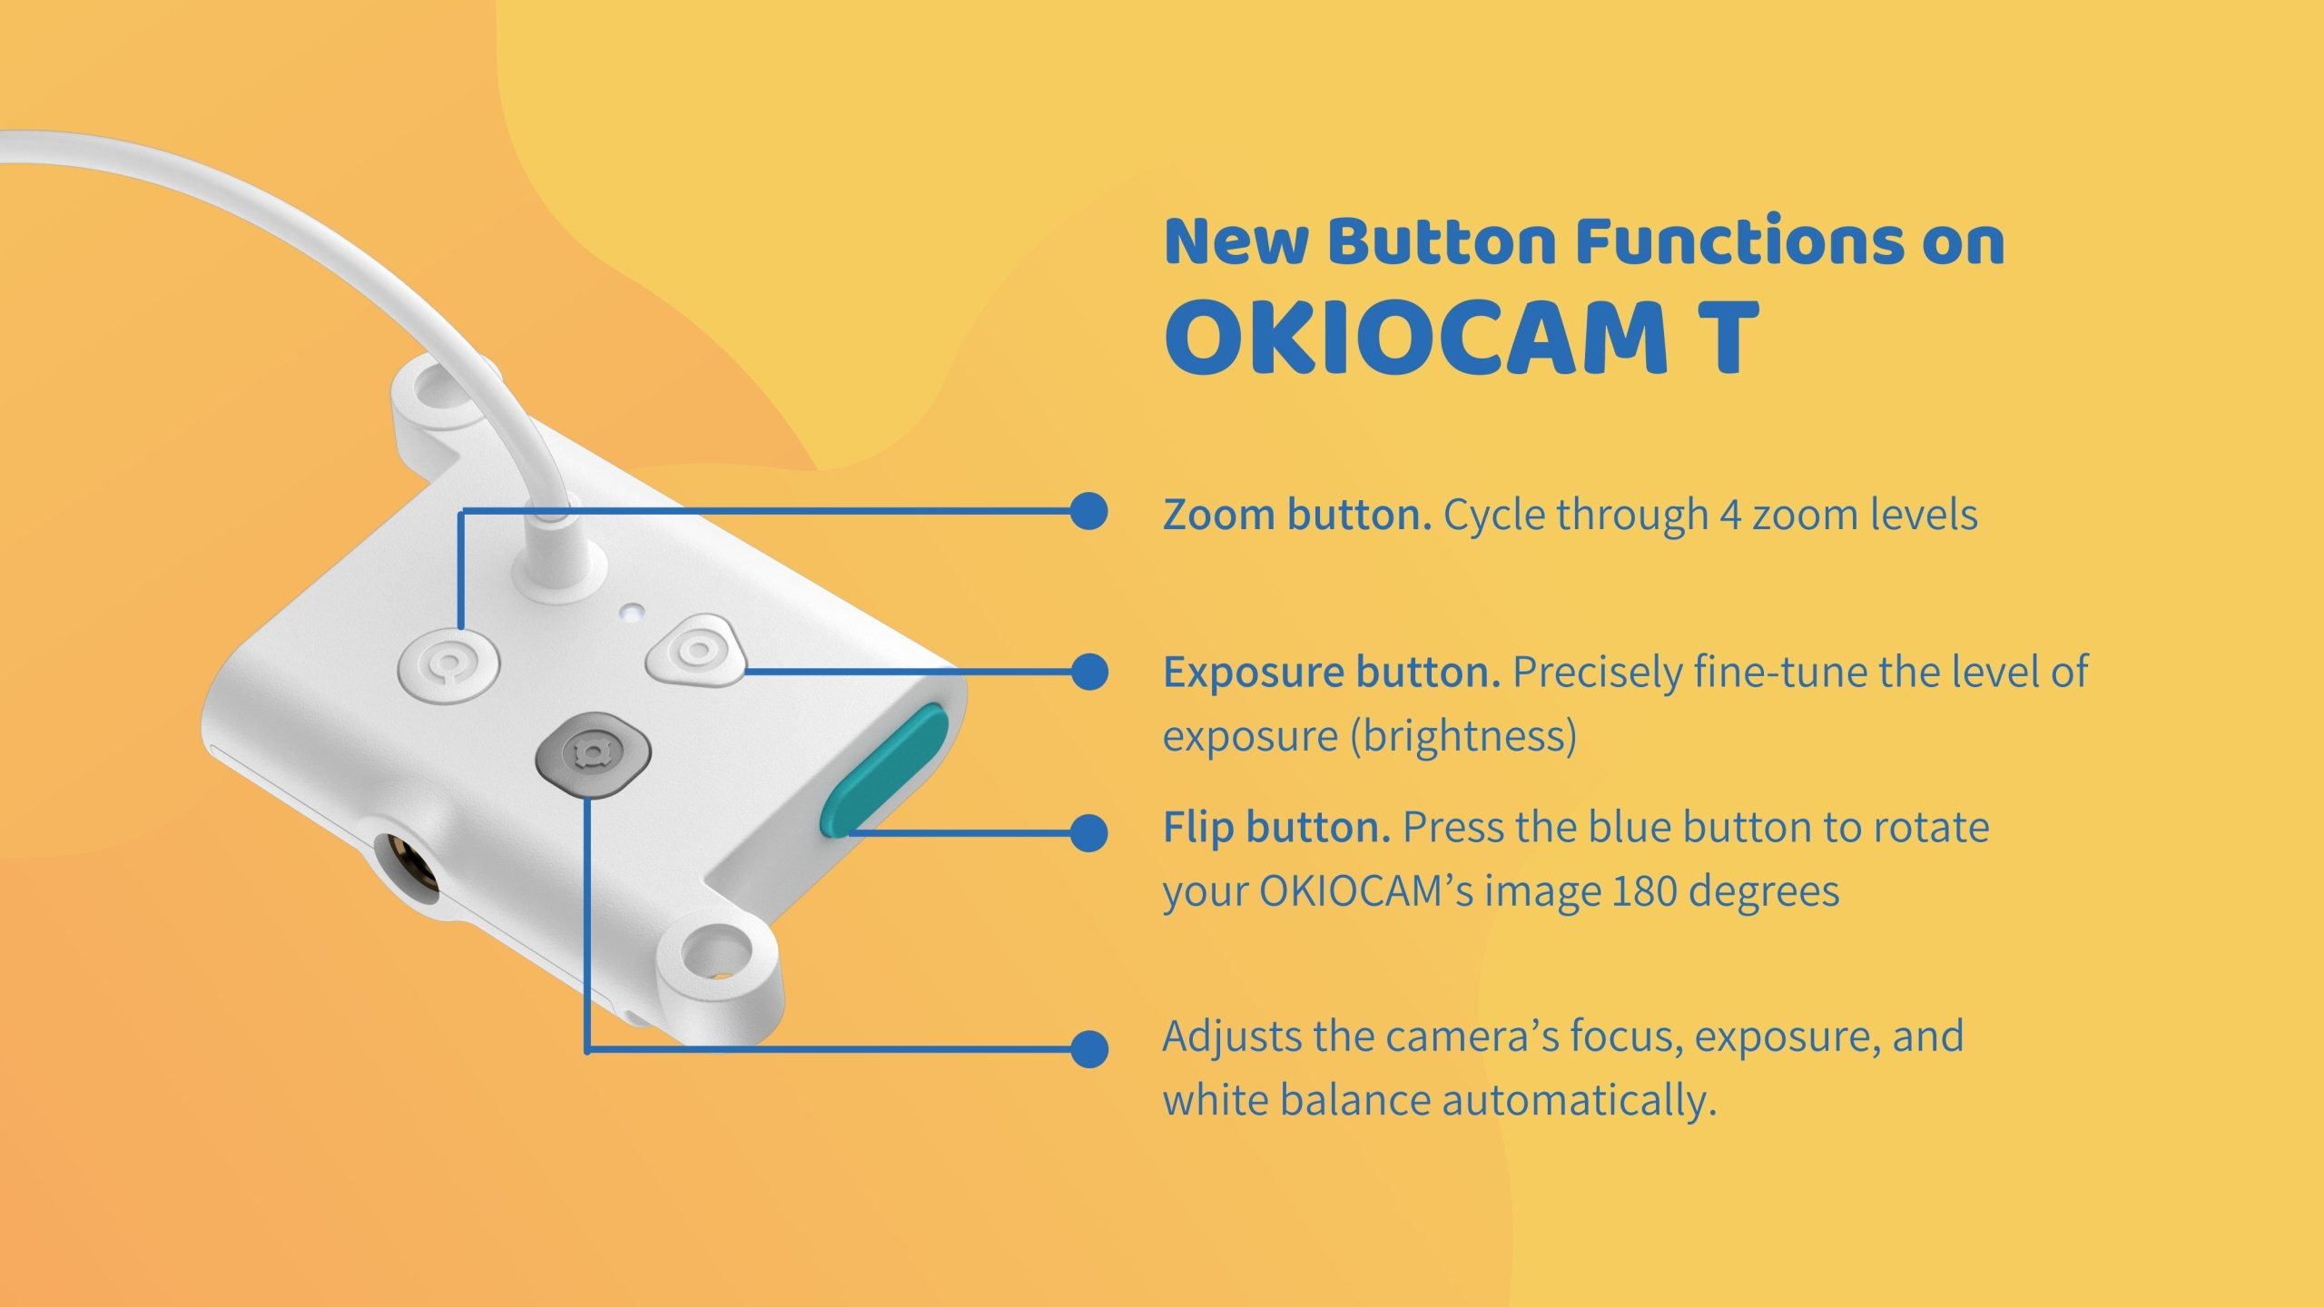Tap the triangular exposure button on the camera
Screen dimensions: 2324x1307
click(x=695, y=650)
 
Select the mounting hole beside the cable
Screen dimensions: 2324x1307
click(x=435, y=392)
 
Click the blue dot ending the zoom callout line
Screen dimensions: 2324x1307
click(x=1089, y=511)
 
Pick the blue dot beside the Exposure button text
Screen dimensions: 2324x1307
click(x=1089, y=673)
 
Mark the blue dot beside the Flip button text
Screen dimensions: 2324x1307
click(x=1089, y=832)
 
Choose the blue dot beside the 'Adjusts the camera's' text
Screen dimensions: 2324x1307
click(x=1089, y=1048)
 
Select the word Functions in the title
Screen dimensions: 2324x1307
click(x=1739, y=241)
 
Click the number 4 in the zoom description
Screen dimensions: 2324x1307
click(x=1730, y=516)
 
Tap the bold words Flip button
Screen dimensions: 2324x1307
click(x=1276, y=828)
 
